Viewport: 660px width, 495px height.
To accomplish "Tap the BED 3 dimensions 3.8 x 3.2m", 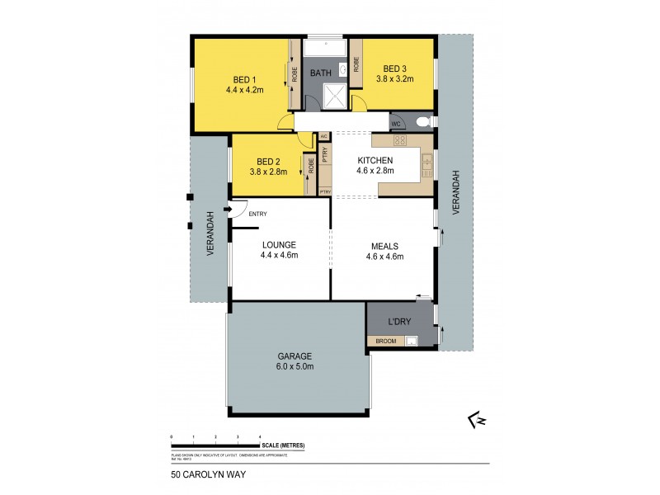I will tap(394, 79).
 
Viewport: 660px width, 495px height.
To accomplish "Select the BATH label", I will tap(321, 73).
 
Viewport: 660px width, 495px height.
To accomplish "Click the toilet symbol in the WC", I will tap(423, 122).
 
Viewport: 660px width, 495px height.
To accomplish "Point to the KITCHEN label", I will tap(375, 160).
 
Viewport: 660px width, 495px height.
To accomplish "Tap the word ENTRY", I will tap(257, 214).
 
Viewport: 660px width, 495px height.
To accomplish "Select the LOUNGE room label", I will tap(279, 245).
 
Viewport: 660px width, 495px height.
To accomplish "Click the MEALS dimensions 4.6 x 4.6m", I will tap(384, 256).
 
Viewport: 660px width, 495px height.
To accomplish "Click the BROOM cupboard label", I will tap(386, 340).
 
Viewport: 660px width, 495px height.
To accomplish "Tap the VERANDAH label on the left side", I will tap(211, 233).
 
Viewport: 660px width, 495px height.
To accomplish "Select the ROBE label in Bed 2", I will tap(311, 165).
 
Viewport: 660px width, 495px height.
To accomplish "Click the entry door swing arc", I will tap(238, 210).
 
